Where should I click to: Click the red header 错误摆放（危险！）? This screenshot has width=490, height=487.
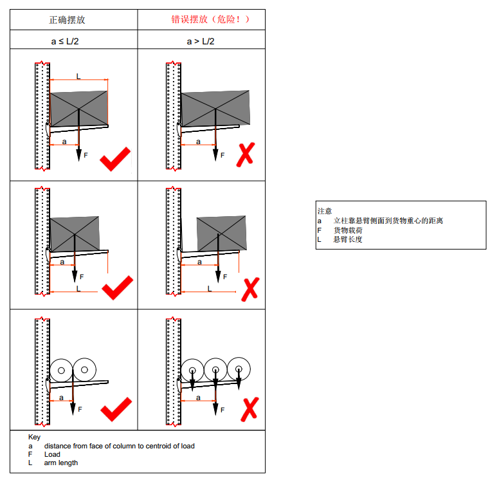coord(210,19)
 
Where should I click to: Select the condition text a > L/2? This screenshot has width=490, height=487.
coord(201,41)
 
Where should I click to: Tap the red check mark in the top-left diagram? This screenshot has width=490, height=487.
coord(115,159)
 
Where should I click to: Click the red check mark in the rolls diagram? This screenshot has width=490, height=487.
coord(116,409)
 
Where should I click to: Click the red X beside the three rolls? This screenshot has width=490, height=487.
coord(250,410)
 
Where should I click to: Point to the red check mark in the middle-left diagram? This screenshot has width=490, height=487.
coord(117,288)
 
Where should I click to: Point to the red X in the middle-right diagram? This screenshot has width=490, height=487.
coord(250,289)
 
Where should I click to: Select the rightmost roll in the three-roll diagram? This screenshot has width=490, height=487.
coord(239,369)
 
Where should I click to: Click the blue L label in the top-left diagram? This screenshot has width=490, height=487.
coord(78,76)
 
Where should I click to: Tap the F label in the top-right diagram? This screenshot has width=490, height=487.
coord(222,155)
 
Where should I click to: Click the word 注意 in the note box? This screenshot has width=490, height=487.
coord(324,210)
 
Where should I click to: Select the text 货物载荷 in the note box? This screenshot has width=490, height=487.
coord(347,230)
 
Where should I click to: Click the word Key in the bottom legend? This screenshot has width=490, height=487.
coord(34,437)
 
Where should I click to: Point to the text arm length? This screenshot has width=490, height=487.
coord(60,463)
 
